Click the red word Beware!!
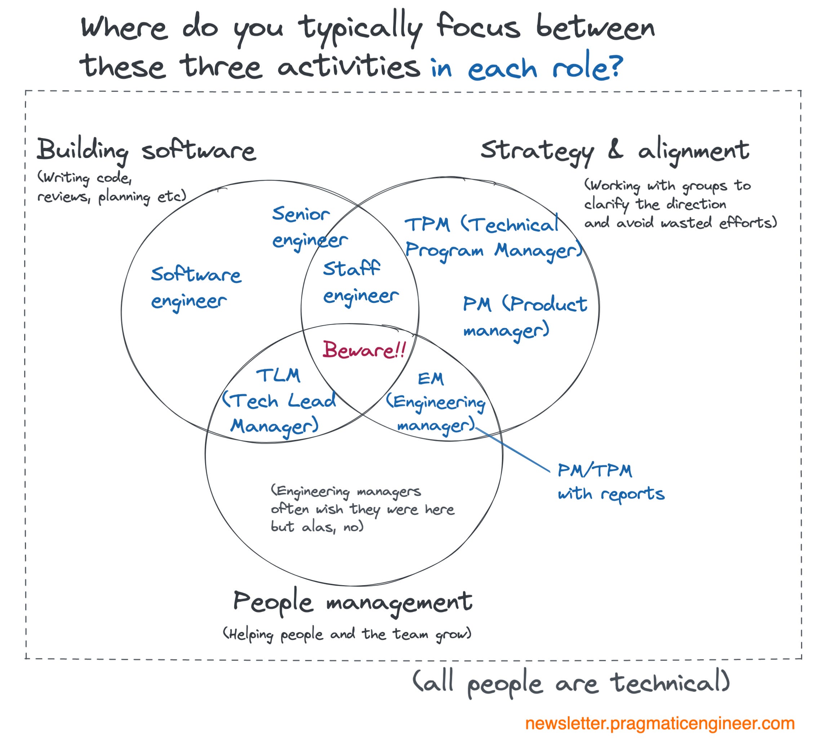[364, 350]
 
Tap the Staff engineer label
[360, 282]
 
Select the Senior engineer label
[309, 227]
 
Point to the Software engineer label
[196, 287]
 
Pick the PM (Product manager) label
[524, 318]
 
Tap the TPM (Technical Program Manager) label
[493, 237]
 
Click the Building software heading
[146, 150]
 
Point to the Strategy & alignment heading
[614, 150]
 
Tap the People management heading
[352, 602]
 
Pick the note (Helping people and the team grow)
[347, 634]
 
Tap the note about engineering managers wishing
[362, 509]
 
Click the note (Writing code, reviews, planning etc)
[111, 187]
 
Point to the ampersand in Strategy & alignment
[615, 149]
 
